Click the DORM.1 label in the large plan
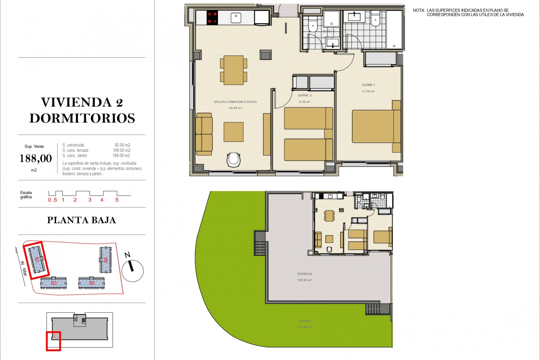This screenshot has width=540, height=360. tap(368, 85)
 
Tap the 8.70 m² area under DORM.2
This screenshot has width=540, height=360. tap(305, 102)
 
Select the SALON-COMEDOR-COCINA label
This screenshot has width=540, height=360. tap(235, 102)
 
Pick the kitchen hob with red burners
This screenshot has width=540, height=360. tap(212, 18)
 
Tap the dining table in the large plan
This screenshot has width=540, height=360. tap(233, 70)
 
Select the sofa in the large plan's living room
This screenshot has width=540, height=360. tap(204, 134)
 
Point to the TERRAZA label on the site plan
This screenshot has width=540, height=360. tap(305, 274)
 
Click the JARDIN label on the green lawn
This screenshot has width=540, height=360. tap(305, 321)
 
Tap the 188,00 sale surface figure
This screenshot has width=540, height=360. tap(36, 159)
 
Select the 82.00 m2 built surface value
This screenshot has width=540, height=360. tap(122, 145)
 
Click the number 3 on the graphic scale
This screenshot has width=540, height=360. tap(90, 200)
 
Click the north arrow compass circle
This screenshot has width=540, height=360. tap(132, 271)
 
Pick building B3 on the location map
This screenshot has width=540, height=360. tap(92, 283)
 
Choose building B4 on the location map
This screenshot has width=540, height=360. tap(105, 260)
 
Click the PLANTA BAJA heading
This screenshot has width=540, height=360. tap(82, 220)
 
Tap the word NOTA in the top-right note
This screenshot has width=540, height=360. tap(418, 10)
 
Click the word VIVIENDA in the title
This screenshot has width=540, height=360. tap(76, 102)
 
